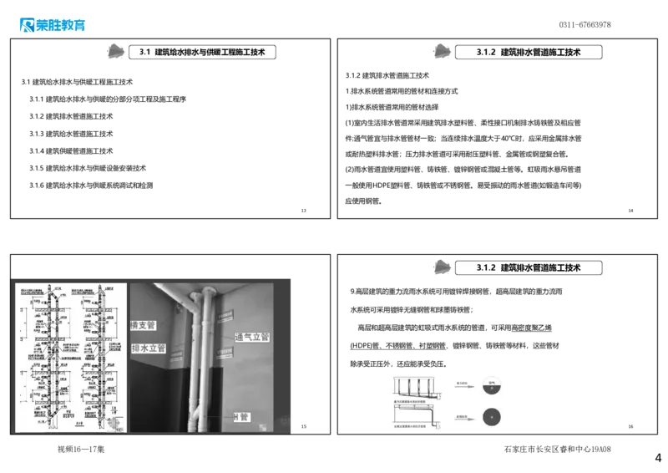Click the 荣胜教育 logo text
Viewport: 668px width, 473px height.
tap(62, 26)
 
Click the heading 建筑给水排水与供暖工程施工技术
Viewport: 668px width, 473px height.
tap(210, 52)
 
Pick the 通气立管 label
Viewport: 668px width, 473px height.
tap(252, 337)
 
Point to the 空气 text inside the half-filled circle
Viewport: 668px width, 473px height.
tap(493, 384)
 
